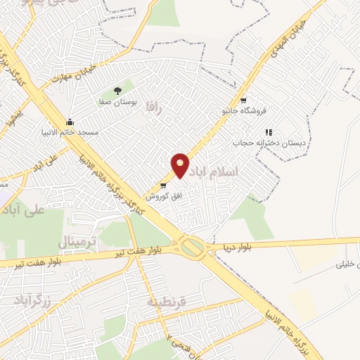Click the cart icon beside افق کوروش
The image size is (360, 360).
point(163,186)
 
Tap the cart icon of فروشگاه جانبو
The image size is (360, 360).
point(243,100)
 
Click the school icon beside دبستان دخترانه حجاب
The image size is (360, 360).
point(268,131)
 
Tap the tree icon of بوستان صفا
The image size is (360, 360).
point(117,91)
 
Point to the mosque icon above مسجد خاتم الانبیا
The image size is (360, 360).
point(69,122)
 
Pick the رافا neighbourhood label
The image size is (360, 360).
point(153,108)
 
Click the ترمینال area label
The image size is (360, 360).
point(81,242)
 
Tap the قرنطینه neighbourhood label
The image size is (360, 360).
point(167,302)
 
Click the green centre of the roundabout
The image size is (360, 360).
point(191,247)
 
